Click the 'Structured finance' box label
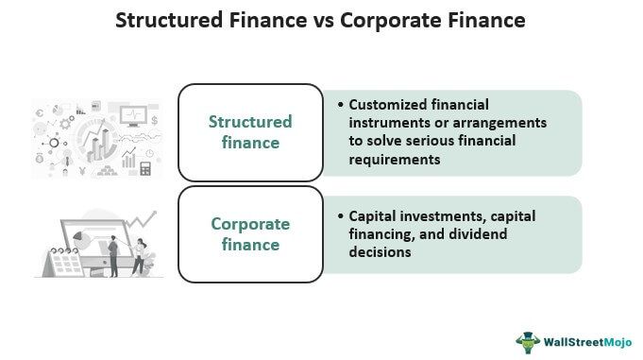(x=250, y=132)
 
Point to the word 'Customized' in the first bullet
(x=381, y=106)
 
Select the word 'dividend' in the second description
(x=507, y=234)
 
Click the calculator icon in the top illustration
(x=145, y=168)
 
